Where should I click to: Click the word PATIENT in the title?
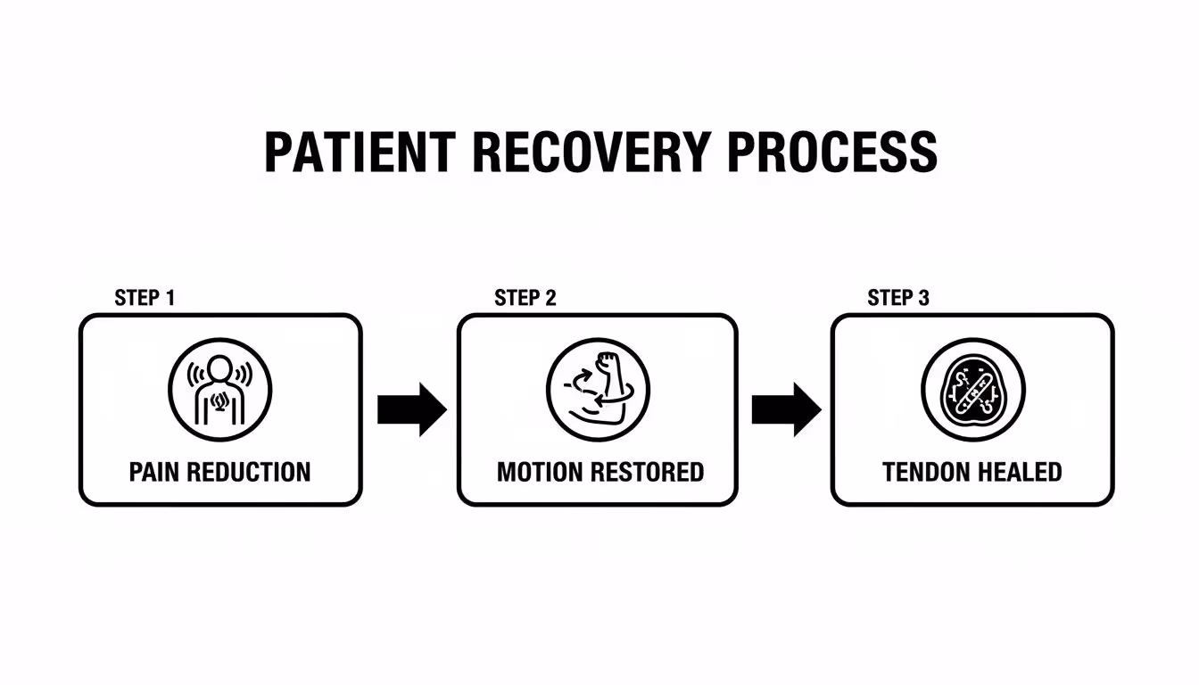(360, 152)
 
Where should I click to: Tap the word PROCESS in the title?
(831, 152)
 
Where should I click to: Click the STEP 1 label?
(145, 298)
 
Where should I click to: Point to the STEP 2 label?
(525, 298)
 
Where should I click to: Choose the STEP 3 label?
(898, 298)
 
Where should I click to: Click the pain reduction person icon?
(220, 390)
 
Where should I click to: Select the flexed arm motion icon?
(598, 390)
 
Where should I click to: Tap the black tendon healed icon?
(972, 390)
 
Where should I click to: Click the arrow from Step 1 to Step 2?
(411, 409)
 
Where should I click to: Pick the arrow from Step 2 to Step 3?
(786, 409)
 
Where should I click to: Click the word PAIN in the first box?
(156, 472)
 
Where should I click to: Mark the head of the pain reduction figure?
(220, 367)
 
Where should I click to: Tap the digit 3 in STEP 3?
(923, 298)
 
